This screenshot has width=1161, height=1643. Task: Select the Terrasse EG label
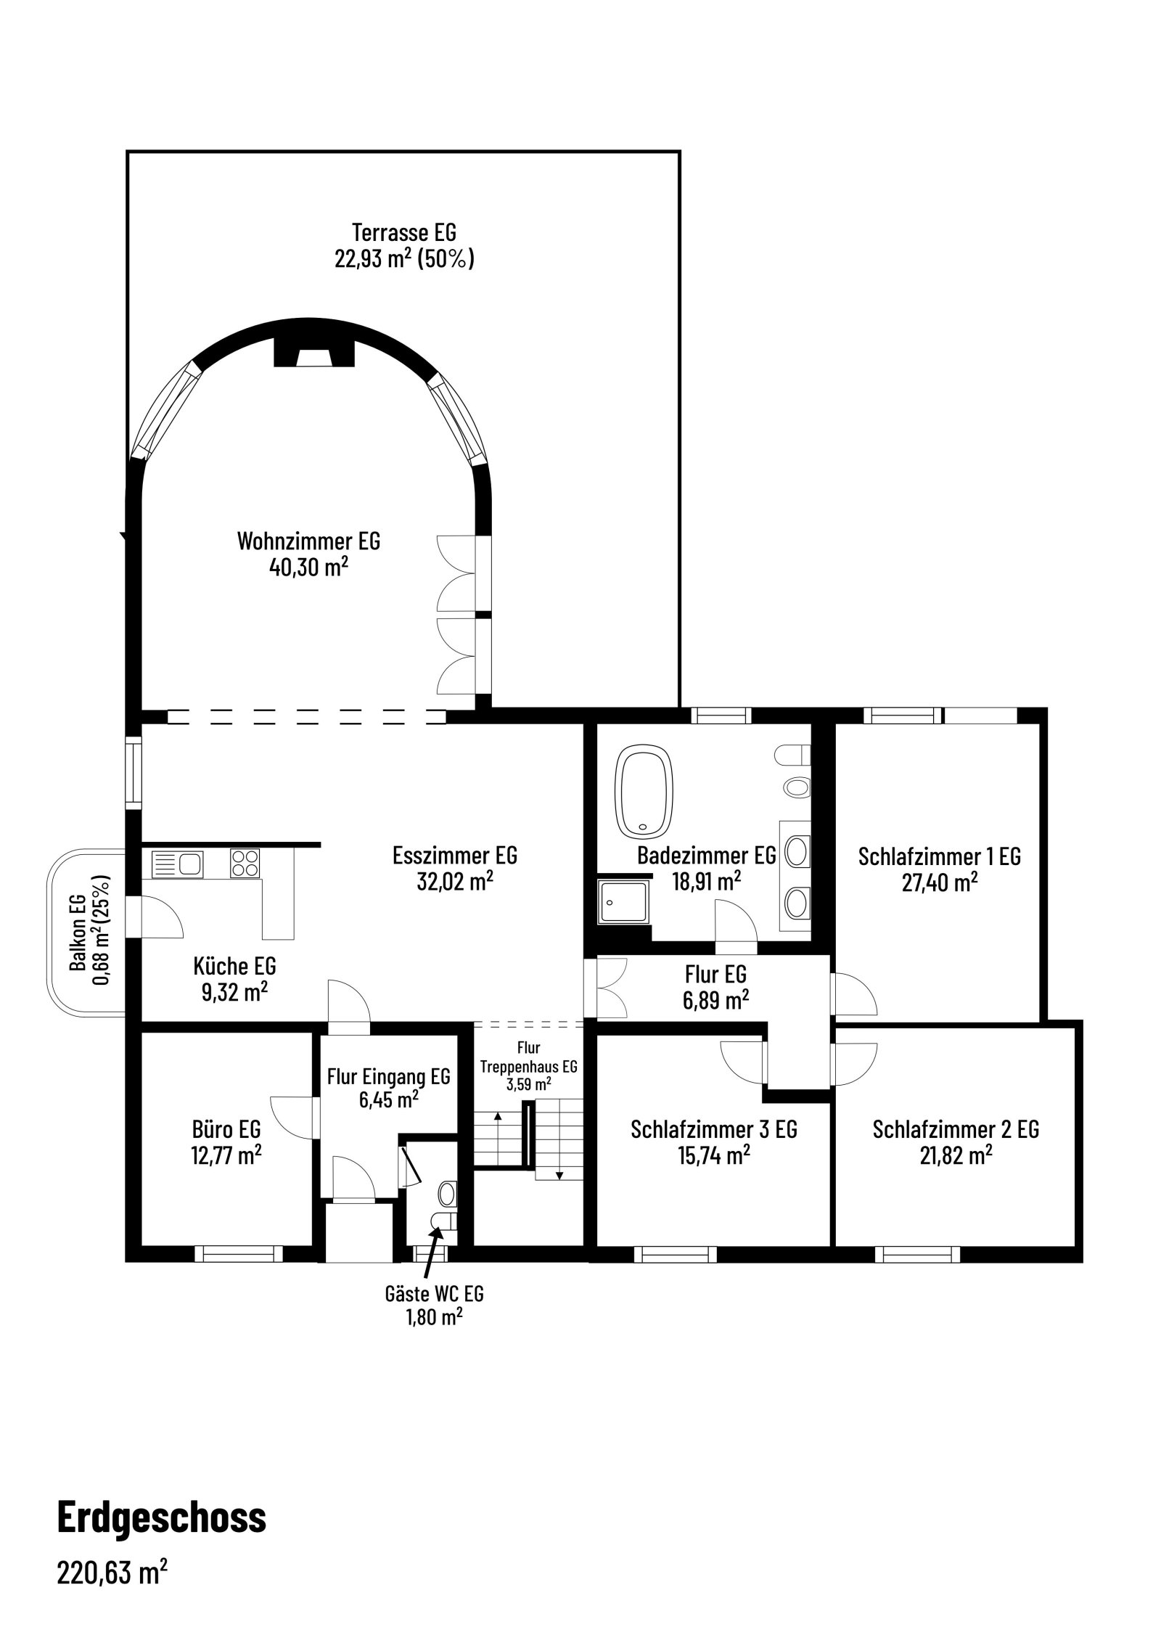click(x=403, y=233)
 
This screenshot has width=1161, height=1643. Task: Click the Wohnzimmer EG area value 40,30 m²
click(x=308, y=568)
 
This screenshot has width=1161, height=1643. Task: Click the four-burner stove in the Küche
click(x=245, y=864)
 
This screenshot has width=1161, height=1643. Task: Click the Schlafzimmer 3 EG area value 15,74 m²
click(x=714, y=1156)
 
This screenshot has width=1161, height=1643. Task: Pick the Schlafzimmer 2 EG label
click(x=956, y=1129)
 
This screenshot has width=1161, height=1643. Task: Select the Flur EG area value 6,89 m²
click(x=715, y=1000)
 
